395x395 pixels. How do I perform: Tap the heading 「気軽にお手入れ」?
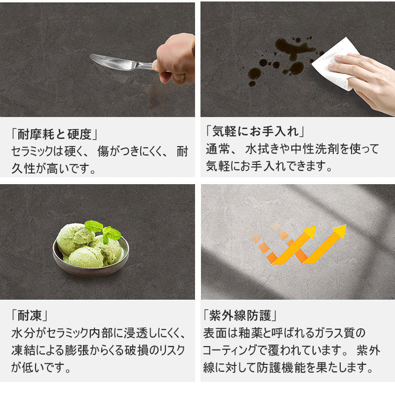pyautogui.click(x=255, y=131)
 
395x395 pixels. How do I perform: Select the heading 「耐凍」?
pyautogui.click(x=30, y=316)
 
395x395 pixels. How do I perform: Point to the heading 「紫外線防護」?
pyautogui.click(x=240, y=316)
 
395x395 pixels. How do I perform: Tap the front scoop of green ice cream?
pyautogui.click(x=86, y=257)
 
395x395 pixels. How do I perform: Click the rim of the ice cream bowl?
pyautogui.click(x=91, y=272)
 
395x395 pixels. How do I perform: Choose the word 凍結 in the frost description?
pyautogui.click(x=23, y=350)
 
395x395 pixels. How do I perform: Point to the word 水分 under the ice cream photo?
pyautogui.click(x=23, y=333)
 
